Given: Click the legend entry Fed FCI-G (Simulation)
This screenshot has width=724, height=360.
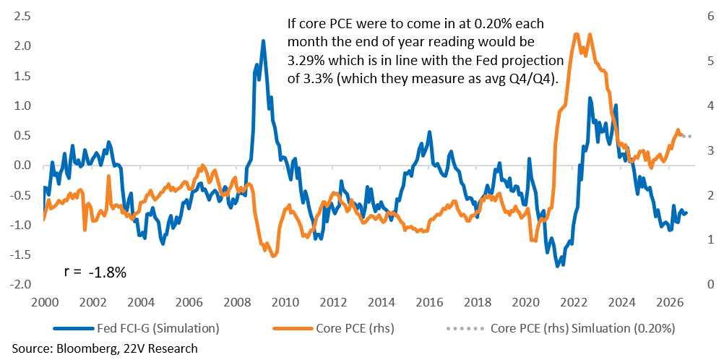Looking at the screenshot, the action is click(135, 329).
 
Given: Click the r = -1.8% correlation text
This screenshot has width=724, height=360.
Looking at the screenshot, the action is click(95, 273).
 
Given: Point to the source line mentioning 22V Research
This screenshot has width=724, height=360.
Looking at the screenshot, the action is click(105, 348).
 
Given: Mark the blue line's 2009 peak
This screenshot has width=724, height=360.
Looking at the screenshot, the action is click(263, 40).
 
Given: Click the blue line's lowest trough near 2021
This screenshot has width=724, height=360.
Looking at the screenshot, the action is click(557, 266).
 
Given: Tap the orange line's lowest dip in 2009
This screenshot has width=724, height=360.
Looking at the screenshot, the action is click(273, 256).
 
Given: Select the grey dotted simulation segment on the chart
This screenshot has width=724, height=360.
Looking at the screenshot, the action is click(686, 136).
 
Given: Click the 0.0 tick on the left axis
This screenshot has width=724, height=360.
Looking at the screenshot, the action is click(22, 165).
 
